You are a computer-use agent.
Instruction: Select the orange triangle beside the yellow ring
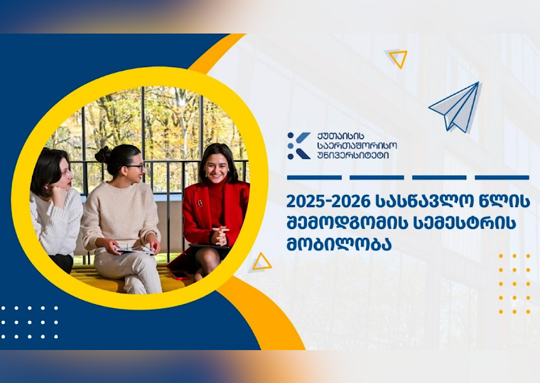pyautogui.click(x=261, y=262)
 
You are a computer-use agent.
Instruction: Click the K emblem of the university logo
pyautogui.click(x=299, y=146)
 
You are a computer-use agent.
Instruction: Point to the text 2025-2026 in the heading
pyautogui.click(x=328, y=202)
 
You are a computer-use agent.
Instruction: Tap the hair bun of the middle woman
pyautogui.click(x=103, y=155)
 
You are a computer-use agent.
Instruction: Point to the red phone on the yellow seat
pyautogui.click(x=180, y=276)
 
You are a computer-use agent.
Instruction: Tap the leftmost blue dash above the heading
pyautogui.click(x=315, y=178)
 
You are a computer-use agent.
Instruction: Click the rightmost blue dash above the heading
pyautogui.click(x=502, y=178)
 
